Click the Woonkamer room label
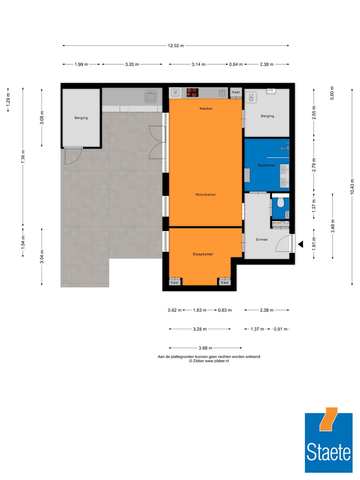pos(205,195)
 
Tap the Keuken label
pos(206,109)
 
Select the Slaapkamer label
pos(203,254)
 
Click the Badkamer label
pos(266,165)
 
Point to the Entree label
pos(262,240)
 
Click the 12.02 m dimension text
pos(176,46)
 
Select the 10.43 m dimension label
pos(352,187)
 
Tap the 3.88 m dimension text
pos(205,348)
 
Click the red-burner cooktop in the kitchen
pos(192,92)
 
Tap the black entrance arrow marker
pos(300,244)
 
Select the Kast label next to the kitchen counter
pos(236,92)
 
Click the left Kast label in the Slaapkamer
pos(174,283)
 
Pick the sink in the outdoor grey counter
pos(151,97)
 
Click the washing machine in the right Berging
pos(251,97)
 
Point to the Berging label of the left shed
pos(81,118)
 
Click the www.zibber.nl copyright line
pos(209,361)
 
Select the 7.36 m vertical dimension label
pos(23,157)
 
